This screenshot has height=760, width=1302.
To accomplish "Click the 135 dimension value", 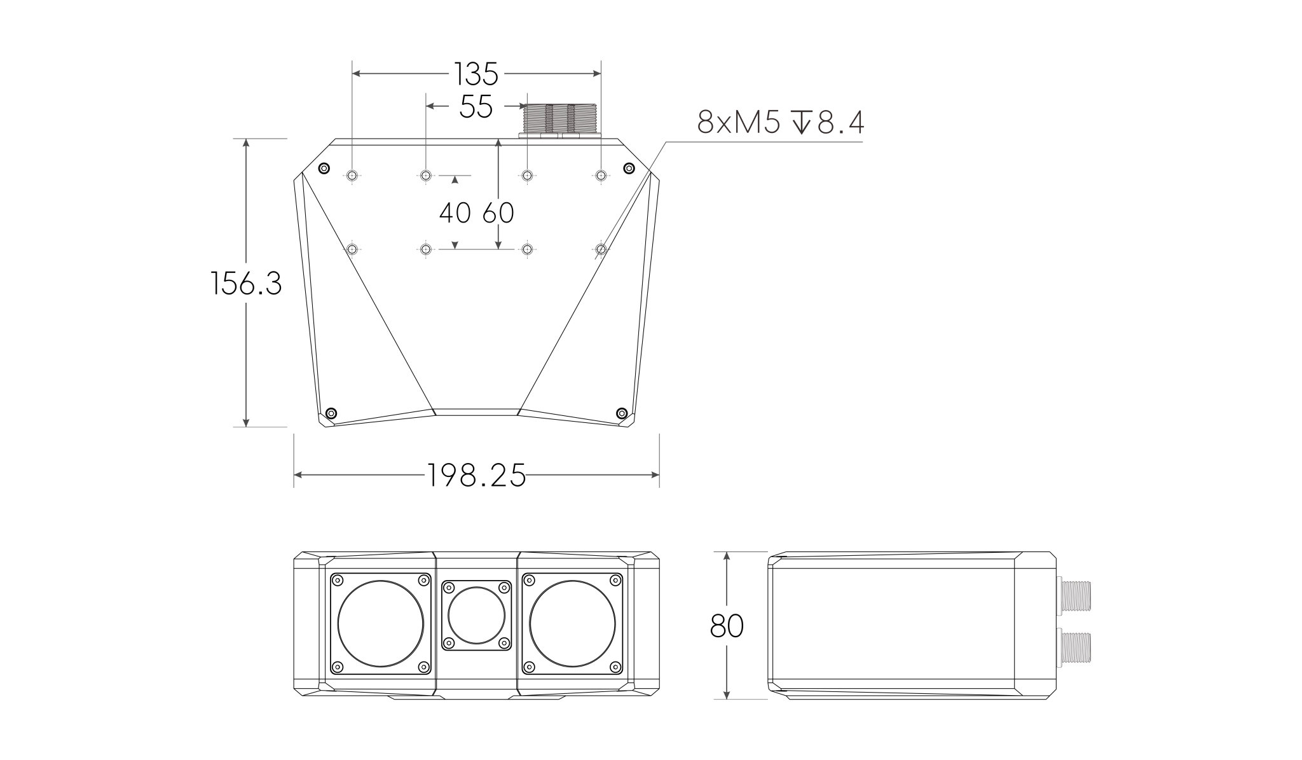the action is [476, 74].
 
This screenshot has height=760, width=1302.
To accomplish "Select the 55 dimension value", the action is [476, 106].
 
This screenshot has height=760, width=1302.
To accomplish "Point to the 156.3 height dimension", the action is [246, 283].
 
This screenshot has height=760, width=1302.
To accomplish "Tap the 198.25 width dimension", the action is [476, 474].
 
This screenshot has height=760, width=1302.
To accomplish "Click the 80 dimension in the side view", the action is [727, 626].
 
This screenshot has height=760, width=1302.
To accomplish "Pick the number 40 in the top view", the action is [455, 213].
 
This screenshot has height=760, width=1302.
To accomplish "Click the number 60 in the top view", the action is [498, 213].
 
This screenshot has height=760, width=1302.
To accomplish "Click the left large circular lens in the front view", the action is [380, 623].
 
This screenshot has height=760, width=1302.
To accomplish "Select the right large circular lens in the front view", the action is [572, 623].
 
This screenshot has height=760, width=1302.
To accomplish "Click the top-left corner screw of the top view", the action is [324, 169].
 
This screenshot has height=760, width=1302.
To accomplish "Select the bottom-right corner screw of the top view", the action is [622, 413].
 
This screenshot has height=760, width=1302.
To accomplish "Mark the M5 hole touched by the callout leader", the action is [601, 249].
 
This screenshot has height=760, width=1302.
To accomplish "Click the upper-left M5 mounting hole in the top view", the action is [352, 175].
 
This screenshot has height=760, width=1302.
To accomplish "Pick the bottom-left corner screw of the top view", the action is [331, 413].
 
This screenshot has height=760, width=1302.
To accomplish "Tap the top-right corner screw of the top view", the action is [629, 168].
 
